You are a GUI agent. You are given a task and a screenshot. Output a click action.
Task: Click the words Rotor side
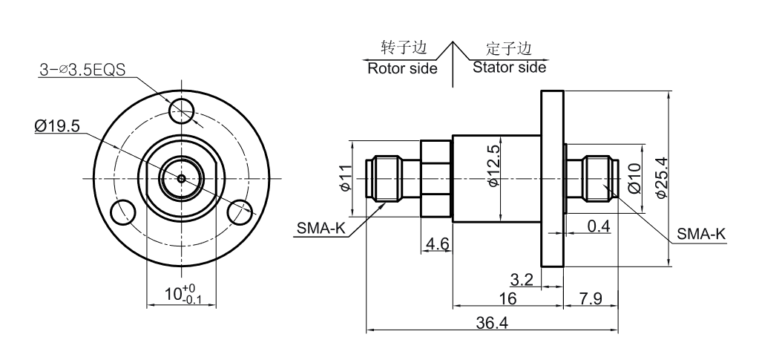click(402, 68)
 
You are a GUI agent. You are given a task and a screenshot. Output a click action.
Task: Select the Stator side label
click(510, 68)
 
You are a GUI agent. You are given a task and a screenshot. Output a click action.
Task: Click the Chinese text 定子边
click(510, 49)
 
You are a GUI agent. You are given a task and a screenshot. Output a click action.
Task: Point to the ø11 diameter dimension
click(345, 178)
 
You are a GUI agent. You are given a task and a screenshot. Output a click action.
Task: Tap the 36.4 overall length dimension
click(493, 324)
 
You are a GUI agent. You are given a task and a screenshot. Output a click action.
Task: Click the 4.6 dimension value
click(436, 243)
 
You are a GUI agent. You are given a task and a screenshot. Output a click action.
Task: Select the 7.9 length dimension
click(590, 298)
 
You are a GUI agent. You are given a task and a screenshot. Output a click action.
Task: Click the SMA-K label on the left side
click(321, 229)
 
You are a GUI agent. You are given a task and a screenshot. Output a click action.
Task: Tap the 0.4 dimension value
click(599, 226)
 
